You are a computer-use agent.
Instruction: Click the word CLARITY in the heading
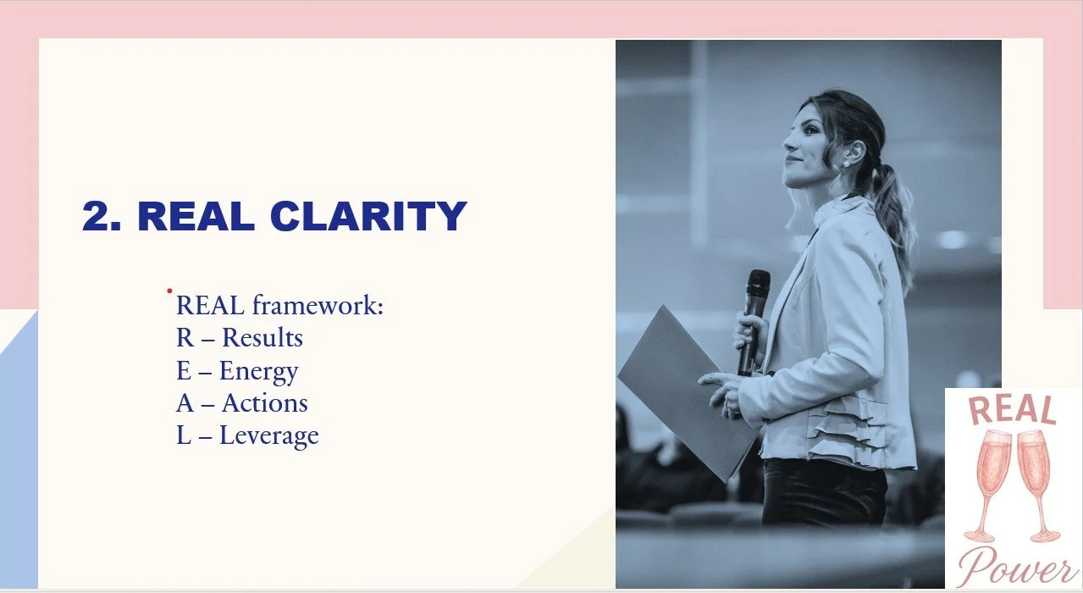368,217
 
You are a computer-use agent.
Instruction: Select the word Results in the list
262,338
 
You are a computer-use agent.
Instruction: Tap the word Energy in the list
258,371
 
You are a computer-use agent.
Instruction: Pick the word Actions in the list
265,403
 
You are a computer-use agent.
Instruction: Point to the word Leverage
269,436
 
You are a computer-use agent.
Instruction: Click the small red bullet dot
169,291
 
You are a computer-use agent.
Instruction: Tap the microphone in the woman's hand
754,313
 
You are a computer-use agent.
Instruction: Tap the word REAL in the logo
1012,410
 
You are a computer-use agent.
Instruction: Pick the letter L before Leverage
185,436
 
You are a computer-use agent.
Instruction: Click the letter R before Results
185,338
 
